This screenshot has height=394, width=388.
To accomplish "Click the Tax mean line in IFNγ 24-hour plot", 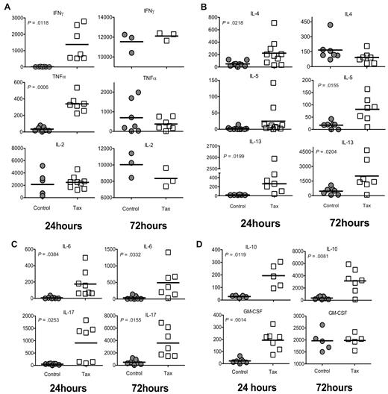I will pyautogui.click(x=70, y=45).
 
